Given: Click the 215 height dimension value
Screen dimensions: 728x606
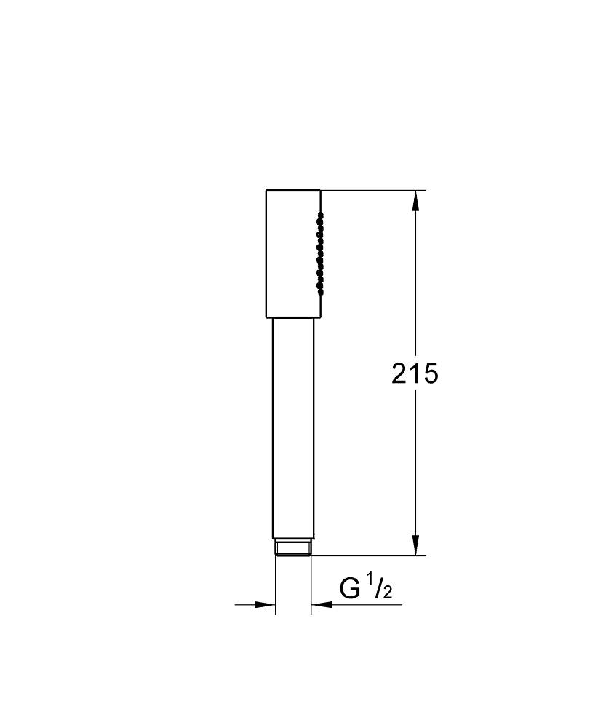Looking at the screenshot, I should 415,373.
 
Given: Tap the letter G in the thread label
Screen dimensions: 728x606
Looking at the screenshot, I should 350,588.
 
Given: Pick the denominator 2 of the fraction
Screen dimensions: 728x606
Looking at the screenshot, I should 387,593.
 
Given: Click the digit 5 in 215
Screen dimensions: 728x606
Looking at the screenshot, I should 430,373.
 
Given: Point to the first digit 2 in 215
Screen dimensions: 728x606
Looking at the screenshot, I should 400,373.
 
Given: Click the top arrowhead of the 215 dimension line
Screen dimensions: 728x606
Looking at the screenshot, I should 415,200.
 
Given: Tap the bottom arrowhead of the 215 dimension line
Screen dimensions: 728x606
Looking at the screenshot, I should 415,545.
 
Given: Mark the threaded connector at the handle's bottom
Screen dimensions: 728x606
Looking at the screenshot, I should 293,547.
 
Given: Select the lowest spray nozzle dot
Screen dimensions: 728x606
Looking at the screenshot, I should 319,292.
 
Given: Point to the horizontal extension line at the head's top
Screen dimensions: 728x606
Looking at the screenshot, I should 371,191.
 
